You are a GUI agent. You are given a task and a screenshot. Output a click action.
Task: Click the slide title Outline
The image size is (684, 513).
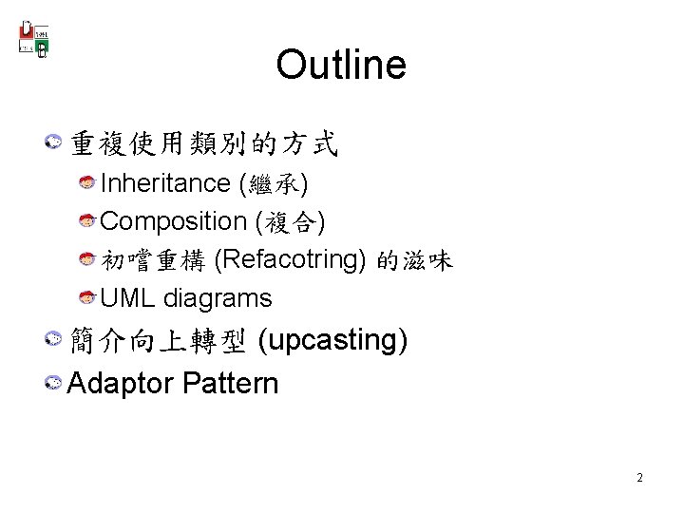tap(341, 66)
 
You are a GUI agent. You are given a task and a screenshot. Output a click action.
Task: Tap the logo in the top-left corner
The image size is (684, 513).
tap(34, 38)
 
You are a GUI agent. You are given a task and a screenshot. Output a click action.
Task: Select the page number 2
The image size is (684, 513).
tap(639, 478)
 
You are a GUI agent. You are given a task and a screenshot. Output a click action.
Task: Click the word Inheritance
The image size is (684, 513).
tap(165, 182)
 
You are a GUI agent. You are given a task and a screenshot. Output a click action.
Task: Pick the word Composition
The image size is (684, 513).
tap(173, 221)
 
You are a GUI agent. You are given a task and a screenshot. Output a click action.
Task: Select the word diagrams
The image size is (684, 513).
tap(218, 298)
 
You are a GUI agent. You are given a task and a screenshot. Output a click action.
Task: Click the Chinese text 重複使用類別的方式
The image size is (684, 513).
tap(203, 144)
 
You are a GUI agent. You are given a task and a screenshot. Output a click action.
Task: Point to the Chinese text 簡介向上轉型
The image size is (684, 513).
tap(158, 339)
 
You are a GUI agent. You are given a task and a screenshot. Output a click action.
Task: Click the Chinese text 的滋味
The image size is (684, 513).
tap(414, 259)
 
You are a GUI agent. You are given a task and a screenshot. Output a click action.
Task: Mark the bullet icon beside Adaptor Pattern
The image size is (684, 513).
tap(54, 384)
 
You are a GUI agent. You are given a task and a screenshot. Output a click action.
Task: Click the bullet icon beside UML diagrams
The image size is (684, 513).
tap(86, 298)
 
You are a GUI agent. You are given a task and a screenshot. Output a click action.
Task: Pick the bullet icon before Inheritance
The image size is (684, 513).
tap(86, 182)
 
